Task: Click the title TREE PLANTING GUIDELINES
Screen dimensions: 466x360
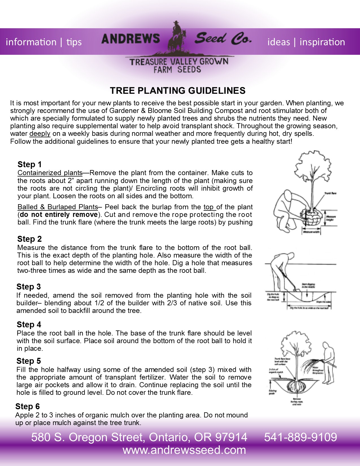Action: (178, 91)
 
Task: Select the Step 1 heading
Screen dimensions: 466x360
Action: (29, 164)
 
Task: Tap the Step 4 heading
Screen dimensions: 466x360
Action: (29, 325)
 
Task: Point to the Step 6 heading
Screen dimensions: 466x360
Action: (27, 406)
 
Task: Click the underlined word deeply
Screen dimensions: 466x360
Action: (40, 134)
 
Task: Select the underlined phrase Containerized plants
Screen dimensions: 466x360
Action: (50, 173)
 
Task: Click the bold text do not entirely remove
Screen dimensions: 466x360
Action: (59, 215)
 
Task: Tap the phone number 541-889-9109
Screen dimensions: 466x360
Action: (300, 437)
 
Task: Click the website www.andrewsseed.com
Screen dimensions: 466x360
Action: (184, 450)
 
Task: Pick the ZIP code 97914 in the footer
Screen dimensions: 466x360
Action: (231, 437)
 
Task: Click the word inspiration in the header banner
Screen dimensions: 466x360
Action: (322, 42)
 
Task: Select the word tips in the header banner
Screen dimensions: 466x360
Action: (74, 42)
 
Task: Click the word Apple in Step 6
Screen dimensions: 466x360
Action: (23, 415)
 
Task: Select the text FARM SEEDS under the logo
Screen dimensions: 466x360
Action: (177, 69)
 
